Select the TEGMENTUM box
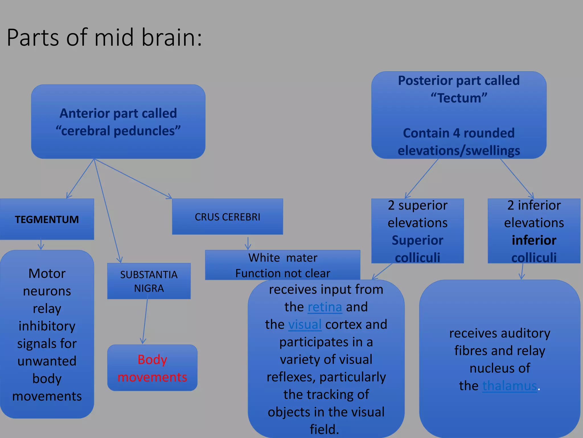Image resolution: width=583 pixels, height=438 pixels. [x=47, y=219]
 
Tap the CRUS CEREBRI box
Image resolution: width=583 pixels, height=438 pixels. [x=227, y=217]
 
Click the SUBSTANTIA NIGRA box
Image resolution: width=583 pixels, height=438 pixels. [x=149, y=281]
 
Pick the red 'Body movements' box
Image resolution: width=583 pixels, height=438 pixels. [x=152, y=368]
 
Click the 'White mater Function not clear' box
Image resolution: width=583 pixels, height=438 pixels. [x=282, y=265]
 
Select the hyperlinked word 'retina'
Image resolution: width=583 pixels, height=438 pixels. [x=325, y=307]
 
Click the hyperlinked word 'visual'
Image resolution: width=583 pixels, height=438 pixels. [x=305, y=325]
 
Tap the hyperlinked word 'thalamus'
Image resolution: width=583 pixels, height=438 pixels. [x=509, y=386]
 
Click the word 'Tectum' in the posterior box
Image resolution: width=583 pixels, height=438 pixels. [x=459, y=98]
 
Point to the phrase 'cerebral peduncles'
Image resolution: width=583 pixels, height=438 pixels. [x=118, y=131]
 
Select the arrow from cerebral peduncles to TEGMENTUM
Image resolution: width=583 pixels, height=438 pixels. [x=80, y=179]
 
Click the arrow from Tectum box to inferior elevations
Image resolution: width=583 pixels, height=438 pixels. [x=517, y=178]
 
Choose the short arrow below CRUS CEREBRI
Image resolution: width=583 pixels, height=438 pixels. [x=248, y=243]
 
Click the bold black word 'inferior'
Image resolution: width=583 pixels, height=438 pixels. [x=534, y=240]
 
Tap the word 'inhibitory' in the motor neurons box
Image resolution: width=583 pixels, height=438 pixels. [x=47, y=326]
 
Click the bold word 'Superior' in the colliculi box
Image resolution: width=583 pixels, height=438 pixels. [x=417, y=240]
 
